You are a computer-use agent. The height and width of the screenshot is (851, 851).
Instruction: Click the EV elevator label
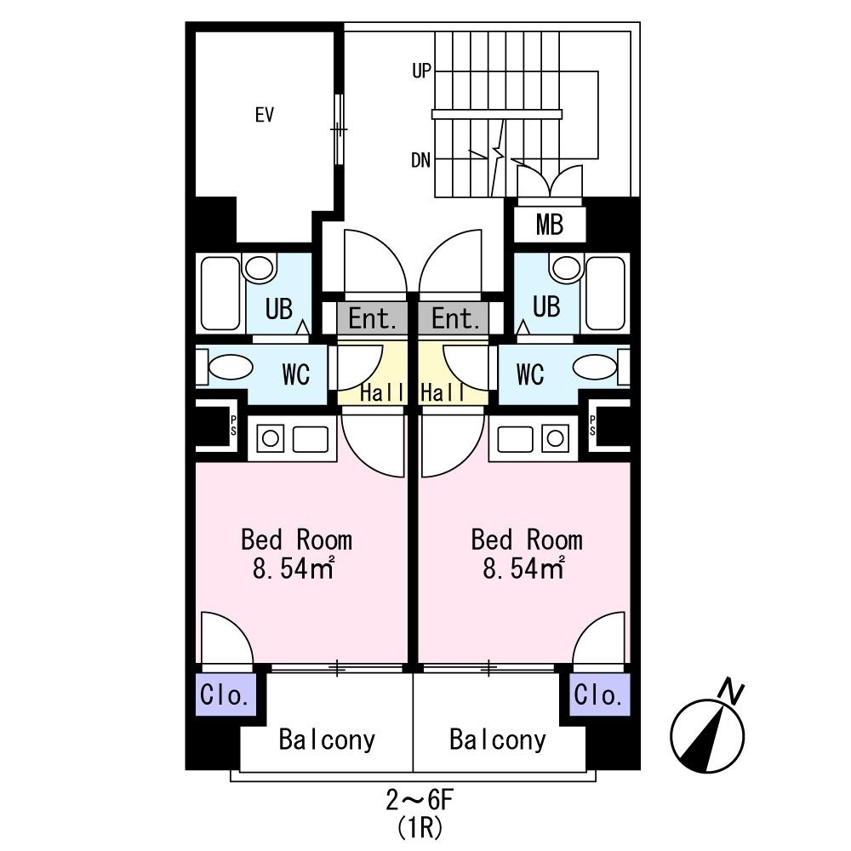[265, 115]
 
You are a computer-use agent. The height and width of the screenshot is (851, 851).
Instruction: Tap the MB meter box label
[549, 226]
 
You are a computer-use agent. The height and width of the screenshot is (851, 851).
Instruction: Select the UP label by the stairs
[421, 72]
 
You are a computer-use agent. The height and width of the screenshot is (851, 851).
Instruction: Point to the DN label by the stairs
[420, 159]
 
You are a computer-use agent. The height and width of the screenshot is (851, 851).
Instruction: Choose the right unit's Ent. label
[455, 320]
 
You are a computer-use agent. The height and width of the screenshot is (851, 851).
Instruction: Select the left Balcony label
[327, 740]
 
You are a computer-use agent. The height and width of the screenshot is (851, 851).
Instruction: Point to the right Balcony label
[498, 740]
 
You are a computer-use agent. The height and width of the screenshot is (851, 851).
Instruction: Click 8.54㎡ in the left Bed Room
[291, 568]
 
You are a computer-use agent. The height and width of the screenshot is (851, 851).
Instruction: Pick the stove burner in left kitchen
[271, 439]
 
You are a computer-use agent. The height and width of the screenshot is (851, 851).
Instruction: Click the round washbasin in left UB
[258, 269]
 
